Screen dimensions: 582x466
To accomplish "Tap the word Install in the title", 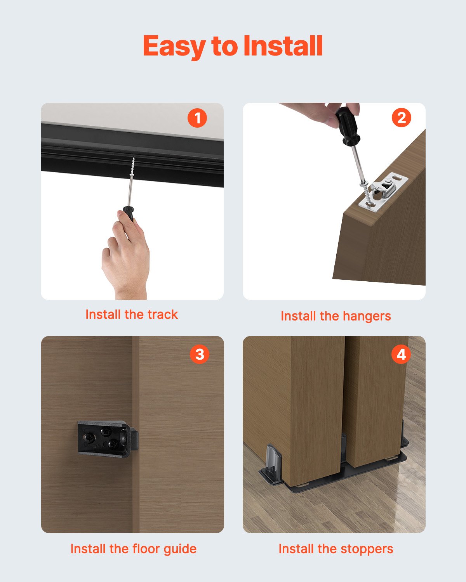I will click(283, 46).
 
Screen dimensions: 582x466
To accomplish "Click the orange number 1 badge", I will click(197, 118).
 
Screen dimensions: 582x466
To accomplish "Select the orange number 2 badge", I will click(401, 118).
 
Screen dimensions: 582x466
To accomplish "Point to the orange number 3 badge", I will click(199, 354).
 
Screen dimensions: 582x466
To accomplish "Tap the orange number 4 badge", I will click(401, 354).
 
